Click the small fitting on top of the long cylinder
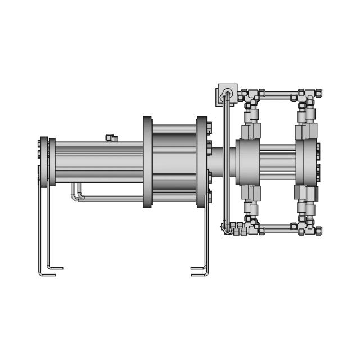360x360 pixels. click(110, 137)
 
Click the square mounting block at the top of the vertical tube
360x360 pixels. click(227, 93)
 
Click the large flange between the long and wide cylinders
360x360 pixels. click(147, 162)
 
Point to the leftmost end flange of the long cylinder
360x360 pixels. click(44, 161)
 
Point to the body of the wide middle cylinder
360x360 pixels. click(174, 162)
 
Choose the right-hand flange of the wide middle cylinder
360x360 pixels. click(201, 162)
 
